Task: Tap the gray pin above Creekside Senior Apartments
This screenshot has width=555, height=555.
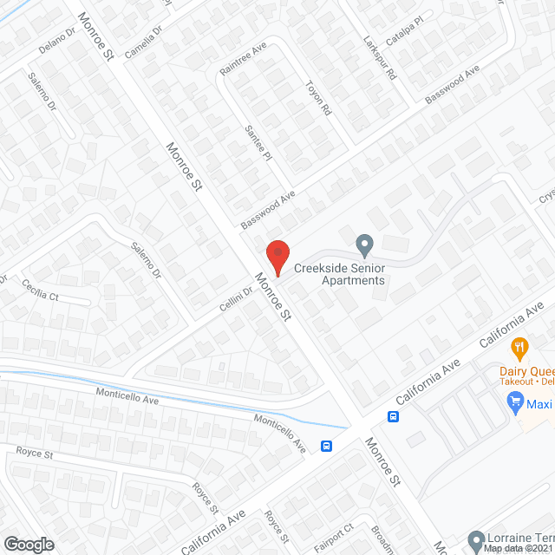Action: click(365, 244)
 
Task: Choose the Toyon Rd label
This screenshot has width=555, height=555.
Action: click(318, 100)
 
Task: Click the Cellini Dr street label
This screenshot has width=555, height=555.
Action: click(235, 297)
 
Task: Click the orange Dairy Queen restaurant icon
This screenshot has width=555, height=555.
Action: click(520, 349)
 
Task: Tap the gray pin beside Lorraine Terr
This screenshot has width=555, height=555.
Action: click(475, 539)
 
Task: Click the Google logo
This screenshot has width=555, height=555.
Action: click(28, 544)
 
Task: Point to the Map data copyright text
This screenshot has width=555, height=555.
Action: click(518, 549)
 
